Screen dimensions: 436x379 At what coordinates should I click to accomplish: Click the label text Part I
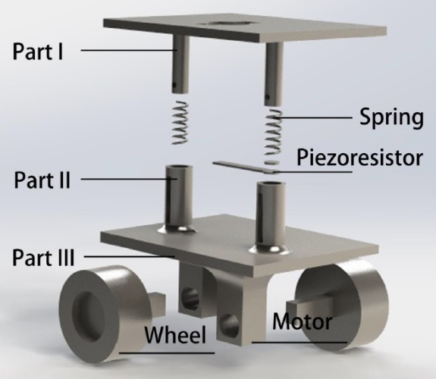tap(38, 52)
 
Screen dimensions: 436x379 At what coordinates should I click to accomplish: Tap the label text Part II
tap(42, 180)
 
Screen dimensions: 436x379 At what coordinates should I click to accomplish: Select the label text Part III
tap(43, 258)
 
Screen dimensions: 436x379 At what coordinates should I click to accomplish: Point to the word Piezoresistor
tap(360, 158)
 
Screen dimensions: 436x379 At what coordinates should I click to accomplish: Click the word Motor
tap(302, 321)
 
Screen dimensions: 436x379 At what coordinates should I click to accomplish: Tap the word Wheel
tap(175, 334)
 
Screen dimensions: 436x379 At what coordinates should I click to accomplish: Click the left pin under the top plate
tap(180, 64)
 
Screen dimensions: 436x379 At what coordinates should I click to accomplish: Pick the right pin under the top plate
tap(274, 74)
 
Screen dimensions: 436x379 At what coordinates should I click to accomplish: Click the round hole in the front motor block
tap(230, 325)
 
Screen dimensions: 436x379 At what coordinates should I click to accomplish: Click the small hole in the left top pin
tap(174, 84)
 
